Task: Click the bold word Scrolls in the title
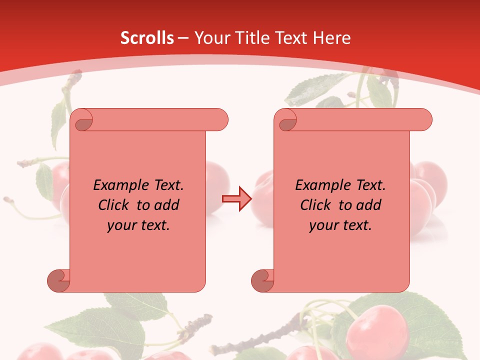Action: click(147, 38)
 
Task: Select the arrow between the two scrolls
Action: click(236, 199)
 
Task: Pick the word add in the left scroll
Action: click(167, 205)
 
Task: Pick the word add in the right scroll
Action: click(369, 205)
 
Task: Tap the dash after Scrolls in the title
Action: click(183, 38)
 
